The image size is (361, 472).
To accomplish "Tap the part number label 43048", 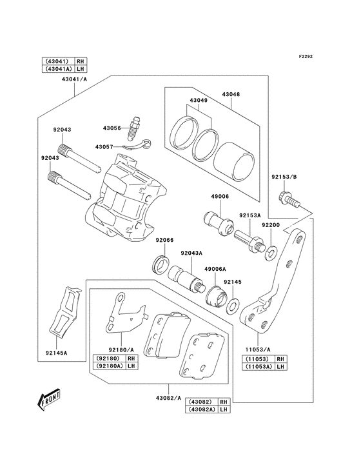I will coord(231,94).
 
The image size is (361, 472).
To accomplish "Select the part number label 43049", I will coord(199,101).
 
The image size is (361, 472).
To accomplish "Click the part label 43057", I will coord(104,147).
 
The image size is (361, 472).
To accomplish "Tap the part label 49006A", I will coord(215,269).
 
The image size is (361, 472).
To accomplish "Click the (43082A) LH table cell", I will coord(200,410).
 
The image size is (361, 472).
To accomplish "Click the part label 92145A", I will coord(56,353).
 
